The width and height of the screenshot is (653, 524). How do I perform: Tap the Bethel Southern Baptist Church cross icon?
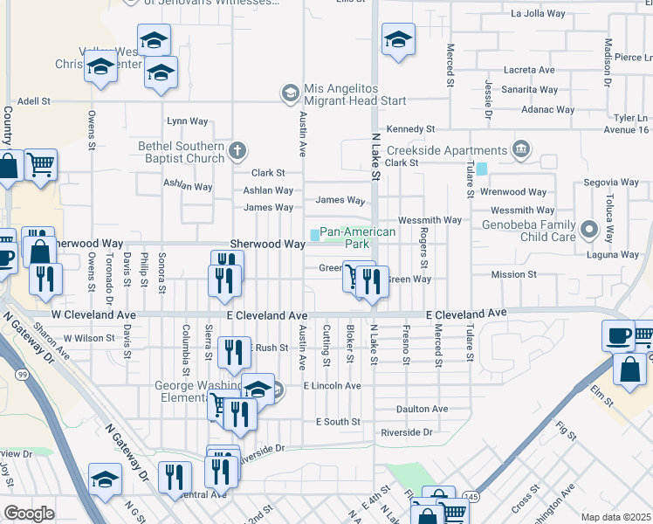pyautogui.click(x=236, y=152)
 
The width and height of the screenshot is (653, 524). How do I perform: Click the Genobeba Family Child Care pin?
pyautogui.click(x=588, y=231)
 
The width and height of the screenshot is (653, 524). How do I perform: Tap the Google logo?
pyautogui.click(x=29, y=514)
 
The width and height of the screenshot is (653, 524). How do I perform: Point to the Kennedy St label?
pyautogui.click(x=411, y=128)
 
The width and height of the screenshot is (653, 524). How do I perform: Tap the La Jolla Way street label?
pyautogui.click(x=540, y=14)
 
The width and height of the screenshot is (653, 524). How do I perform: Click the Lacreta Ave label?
pyautogui.click(x=529, y=70)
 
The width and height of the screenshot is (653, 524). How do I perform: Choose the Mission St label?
pyautogui.click(x=513, y=274)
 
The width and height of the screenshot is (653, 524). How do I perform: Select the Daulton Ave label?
pyautogui.click(x=423, y=409)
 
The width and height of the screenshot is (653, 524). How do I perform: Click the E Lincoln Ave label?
pyautogui.click(x=332, y=385)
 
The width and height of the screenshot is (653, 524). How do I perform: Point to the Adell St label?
pyautogui.click(x=34, y=101)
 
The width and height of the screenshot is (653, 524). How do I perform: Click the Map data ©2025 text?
pyautogui.click(x=615, y=517)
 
